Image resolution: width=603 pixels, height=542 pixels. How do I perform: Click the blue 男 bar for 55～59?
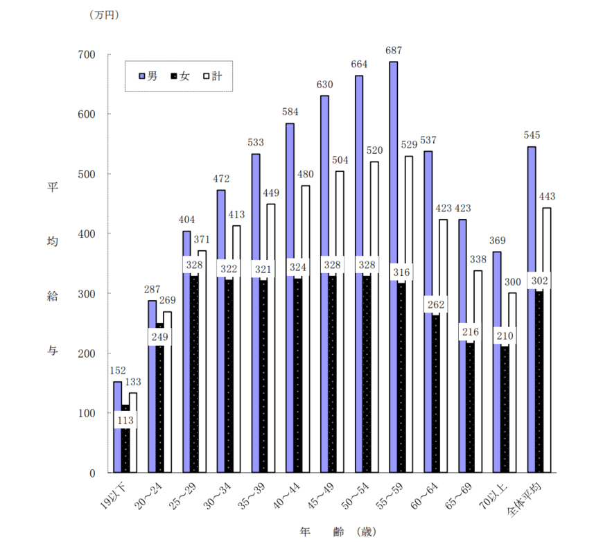coord(394,267)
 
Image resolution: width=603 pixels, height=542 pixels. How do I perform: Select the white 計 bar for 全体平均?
coord(548,340)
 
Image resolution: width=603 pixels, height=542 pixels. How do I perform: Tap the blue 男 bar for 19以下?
coord(117,427)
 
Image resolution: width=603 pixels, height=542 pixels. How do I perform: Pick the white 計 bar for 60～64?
coord(444,346)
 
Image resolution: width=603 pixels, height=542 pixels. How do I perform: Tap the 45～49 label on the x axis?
coord(324,496)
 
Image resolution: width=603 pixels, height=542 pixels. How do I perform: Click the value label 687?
coord(394,51)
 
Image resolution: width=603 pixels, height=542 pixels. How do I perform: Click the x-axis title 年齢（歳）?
coord(338,532)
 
